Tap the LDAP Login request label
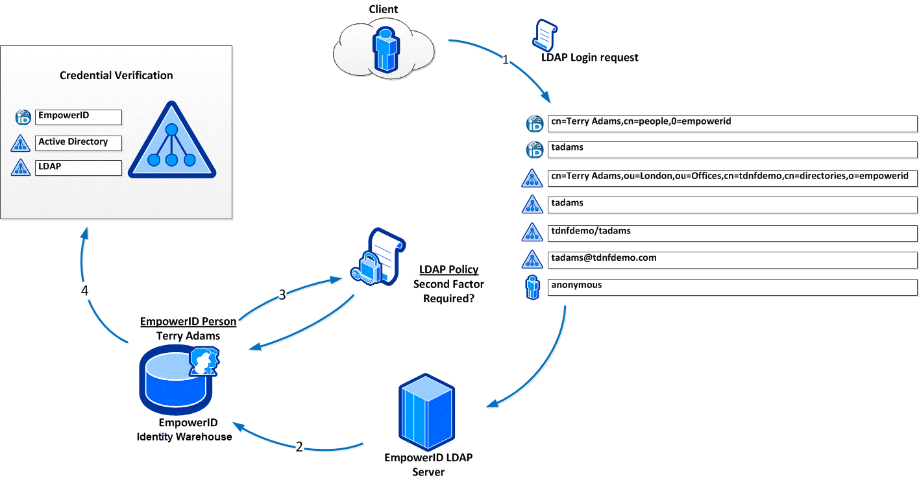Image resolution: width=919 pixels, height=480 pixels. tap(589, 58)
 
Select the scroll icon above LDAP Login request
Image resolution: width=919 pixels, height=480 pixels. tap(545, 34)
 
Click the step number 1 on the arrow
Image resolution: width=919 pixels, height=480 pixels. tap(506, 60)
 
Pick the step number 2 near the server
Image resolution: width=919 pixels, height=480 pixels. tap(299, 447)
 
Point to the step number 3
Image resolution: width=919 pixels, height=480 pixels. tap(282, 295)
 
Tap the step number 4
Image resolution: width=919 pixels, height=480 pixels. tap(85, 291)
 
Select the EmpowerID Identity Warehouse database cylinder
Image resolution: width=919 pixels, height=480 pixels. tap(175, 383)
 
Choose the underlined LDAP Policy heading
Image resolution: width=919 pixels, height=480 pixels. tap(448, 270)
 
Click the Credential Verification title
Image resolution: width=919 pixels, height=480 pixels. tap(116, 75)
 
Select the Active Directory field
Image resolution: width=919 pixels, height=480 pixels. tap(79, 142)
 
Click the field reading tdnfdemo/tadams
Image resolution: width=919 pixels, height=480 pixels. tap(732, 232)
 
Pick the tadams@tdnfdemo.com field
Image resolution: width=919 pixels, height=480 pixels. tap(732, 259)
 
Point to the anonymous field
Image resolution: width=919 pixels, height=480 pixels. tap(732, 287)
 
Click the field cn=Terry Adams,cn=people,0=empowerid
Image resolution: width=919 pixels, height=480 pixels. tap(732, 123)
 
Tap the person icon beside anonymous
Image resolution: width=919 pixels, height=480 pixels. tap(532, 288)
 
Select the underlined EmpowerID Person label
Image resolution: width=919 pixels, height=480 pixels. tap(188, 322)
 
